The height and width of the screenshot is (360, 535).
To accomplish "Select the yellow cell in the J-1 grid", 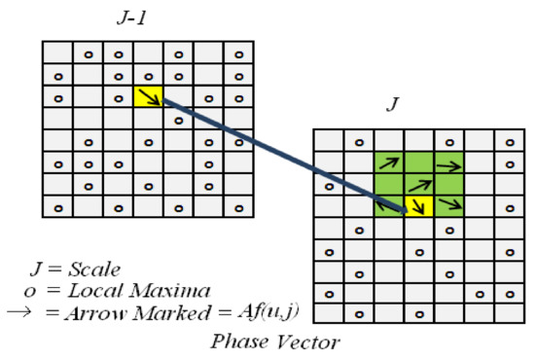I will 148,96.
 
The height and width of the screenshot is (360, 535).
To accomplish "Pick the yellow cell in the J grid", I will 418,203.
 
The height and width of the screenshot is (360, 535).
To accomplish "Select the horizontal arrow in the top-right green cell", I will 448,164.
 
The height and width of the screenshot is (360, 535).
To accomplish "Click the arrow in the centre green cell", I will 418,183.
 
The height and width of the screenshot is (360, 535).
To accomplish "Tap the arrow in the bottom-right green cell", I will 448,203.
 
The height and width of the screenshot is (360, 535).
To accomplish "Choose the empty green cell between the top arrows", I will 418,164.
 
